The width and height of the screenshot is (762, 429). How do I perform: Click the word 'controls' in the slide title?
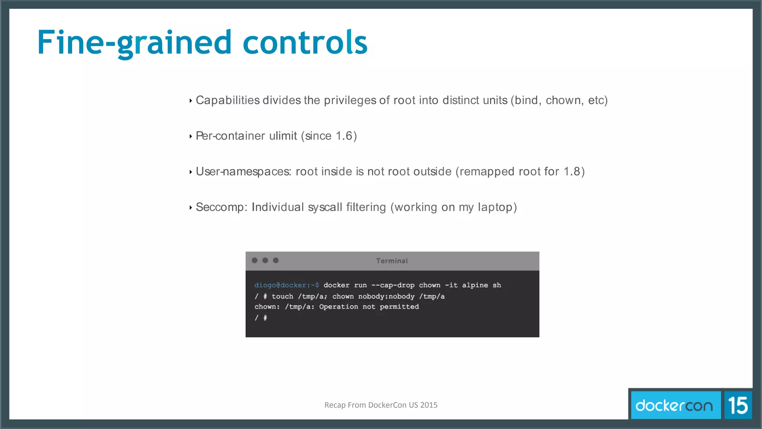click(305, 42)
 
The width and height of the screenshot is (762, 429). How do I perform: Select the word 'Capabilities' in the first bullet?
click(228, 100)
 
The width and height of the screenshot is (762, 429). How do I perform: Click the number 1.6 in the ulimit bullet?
click(344, 136)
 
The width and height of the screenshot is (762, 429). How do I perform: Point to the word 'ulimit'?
click(283, 136)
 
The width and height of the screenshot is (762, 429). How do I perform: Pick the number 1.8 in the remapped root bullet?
click(572, 172)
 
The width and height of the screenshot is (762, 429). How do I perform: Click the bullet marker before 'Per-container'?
click(190, 136)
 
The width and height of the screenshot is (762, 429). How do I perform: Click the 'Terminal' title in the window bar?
click(392, 261)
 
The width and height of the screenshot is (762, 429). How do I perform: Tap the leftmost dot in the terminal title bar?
click(254, 260)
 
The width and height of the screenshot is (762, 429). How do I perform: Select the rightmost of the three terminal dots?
click(276, 260)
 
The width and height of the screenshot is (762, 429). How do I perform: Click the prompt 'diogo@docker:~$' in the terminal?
click(286, 285)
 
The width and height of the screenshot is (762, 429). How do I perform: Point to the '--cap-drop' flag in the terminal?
click(393, 285)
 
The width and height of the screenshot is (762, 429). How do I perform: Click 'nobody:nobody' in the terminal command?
click(386, 296)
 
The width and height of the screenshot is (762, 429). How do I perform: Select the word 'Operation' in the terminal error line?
click(339, 307)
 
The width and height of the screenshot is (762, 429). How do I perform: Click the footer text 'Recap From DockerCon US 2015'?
click(381, 405)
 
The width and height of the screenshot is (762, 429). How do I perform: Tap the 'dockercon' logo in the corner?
click(674, 405)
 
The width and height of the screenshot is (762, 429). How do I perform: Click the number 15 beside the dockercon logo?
click(738, 405)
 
